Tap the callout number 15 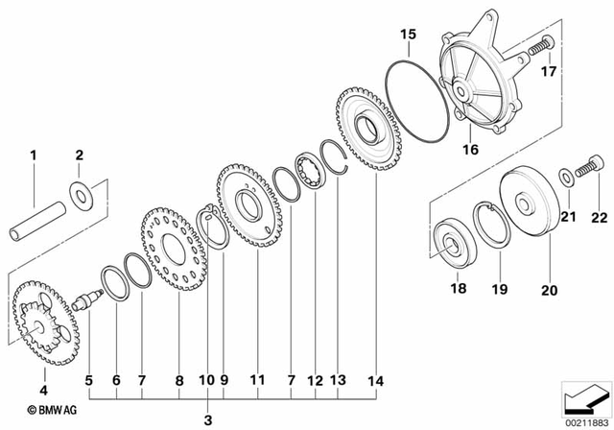407,36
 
